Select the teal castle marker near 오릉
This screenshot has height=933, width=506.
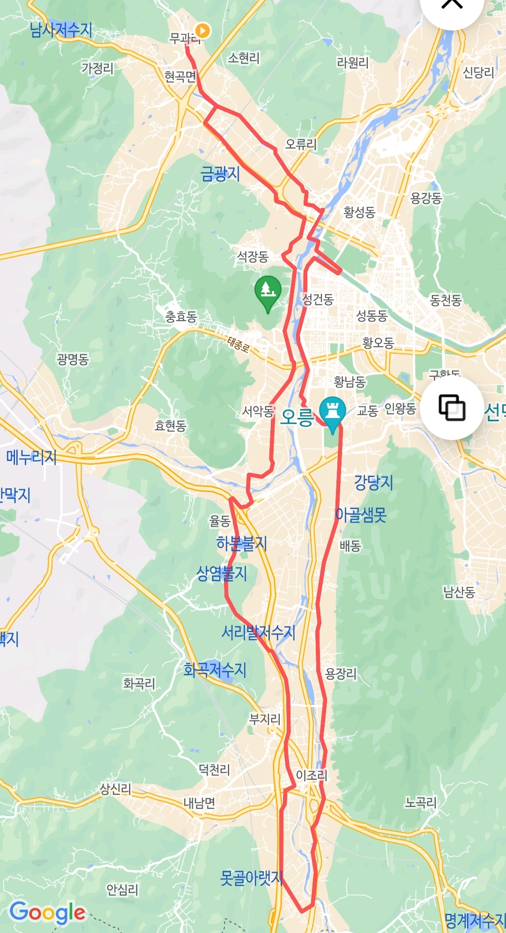click(x=332, y=412)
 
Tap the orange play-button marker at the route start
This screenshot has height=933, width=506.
click(x=202, y=31)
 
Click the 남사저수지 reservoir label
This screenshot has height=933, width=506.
click(x=60, y=30)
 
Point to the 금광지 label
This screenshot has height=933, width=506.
click(x=220, y=174)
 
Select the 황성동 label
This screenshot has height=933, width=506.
click(x=359, y=212)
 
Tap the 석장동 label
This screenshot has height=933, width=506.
click(x=253, y=256)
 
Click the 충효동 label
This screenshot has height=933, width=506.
click(x=181, y=317)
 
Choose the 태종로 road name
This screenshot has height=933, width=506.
click(x=238, y=344)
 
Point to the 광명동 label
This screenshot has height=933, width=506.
click(x=73, y=359)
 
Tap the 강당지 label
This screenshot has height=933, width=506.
click(x=373, y=482)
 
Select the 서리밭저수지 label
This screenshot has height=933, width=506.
click(x=258, y=633)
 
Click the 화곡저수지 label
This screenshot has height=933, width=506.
click(x=215, y=670)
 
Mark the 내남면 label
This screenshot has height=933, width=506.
click(x=199, y=803)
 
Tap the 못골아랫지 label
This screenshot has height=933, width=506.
click(x=251, y=878)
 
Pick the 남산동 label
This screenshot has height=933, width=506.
click(x=459, y=592)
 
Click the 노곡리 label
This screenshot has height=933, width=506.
click(x=420, y=803)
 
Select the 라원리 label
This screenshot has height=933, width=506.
click(x=353, y=62)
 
